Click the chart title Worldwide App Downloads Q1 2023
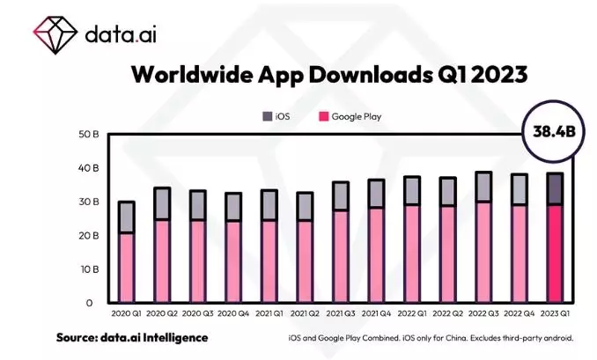click(x=328, y=75)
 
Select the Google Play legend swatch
click(x=322, y=115)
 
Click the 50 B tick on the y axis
click(x=90, y=135)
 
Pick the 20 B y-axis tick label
click(x=90, y=236)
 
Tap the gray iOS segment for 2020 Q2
click(x=162, y=203)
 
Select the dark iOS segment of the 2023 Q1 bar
click(x=554, y=188)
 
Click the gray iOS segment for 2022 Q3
click(x=483, y=187)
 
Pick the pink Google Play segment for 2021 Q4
click(x=376, y=255)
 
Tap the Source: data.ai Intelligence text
click(x=132, y=338)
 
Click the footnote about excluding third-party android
click(x=431, y=339)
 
